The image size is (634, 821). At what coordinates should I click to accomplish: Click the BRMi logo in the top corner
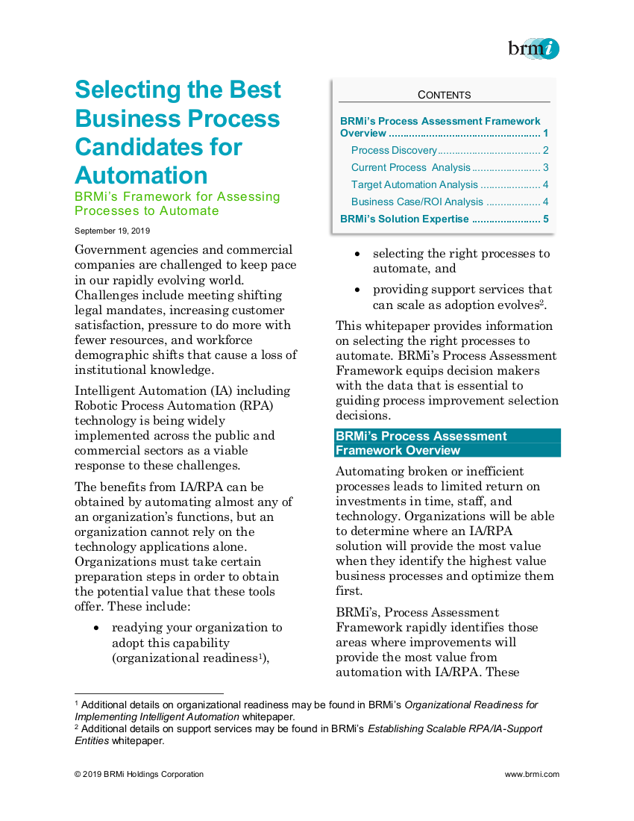coord(533,49)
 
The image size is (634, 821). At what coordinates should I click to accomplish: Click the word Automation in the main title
coord(141,175)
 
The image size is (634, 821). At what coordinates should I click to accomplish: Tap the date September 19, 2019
coord(112,231)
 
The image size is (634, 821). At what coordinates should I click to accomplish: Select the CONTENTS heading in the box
coord(444,95)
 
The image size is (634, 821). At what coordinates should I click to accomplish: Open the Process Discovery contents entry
coord(394,150)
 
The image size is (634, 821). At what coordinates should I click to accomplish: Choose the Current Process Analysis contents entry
coord(411,167)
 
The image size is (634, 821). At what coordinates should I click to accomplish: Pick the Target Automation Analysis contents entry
coord(414,184)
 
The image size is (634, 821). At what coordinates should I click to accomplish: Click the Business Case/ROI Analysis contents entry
coord(417,202)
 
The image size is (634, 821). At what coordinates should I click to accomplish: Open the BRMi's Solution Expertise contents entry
coord(404,219)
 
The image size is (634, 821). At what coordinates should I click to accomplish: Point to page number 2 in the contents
coord(546,150)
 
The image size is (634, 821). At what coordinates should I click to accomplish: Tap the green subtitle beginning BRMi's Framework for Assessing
coord(178,204)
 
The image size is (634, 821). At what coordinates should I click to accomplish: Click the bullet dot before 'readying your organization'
coord(97,628)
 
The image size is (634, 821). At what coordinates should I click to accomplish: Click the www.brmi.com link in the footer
coord(532,774)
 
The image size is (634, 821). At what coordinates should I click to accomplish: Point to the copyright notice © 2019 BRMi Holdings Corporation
coord(139,774)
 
